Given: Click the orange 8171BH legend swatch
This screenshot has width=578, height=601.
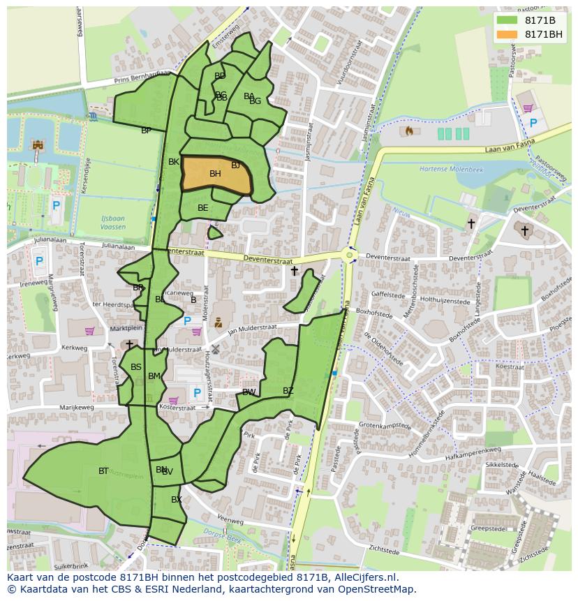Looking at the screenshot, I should [x=507, y=35].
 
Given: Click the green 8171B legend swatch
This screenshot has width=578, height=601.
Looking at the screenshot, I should [x=507, y=20].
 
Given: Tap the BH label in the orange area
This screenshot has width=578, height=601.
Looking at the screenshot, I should [x=215, y=174].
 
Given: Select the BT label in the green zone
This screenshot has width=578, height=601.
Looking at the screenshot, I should [x=103, y=471].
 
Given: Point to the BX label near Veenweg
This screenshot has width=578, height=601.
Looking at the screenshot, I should [x=177, y=500].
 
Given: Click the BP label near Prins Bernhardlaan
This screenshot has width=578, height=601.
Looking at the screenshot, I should [x=146, y=131].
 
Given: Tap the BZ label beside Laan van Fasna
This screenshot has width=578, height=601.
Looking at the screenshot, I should [x=288, y=391].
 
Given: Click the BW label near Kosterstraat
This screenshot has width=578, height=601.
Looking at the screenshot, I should [x=249, y=392].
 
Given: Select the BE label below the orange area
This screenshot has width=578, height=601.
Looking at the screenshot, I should [x=202, y=208].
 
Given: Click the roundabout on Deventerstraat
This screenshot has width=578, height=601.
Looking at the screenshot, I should [x=350, y=255].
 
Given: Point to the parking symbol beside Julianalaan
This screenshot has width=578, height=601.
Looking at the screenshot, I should [x=39, y=262].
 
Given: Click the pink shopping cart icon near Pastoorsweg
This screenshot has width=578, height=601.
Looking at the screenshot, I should [x=528, y=108].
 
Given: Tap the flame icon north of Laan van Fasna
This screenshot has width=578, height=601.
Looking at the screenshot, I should [x=409, y=131].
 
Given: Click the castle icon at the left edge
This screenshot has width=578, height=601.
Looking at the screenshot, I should [x=38, y=145].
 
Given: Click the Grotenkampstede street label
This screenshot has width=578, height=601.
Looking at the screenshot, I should [x=383, y=424].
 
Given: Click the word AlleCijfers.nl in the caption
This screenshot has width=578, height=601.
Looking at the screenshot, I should [x=364, y=577].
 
